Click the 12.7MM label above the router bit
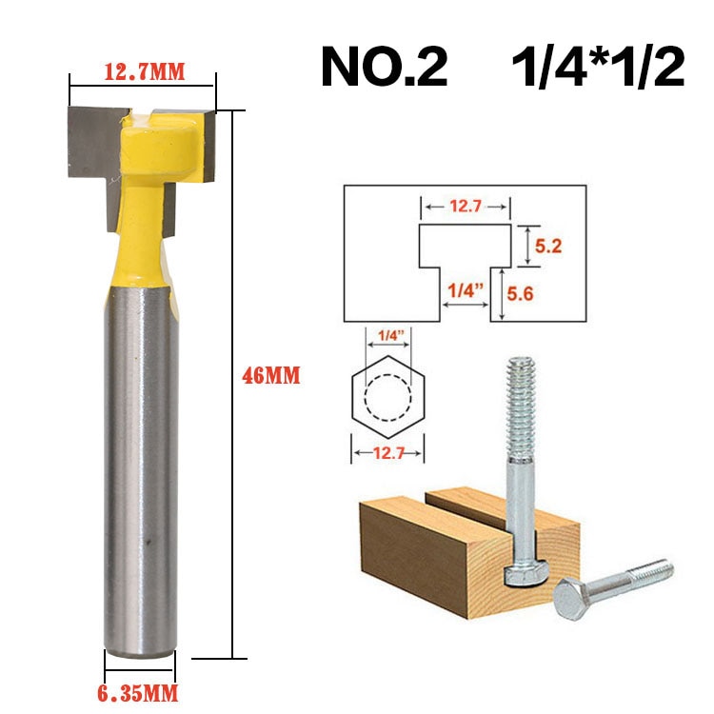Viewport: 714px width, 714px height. click(x=143, y=70)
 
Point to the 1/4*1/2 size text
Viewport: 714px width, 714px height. click(x=598, y=67)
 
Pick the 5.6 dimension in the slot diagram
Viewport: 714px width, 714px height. click(x=548, y=296)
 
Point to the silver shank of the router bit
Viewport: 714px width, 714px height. click(x=139, y=476)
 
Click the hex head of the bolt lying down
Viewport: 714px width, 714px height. click(x=577, y=600)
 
